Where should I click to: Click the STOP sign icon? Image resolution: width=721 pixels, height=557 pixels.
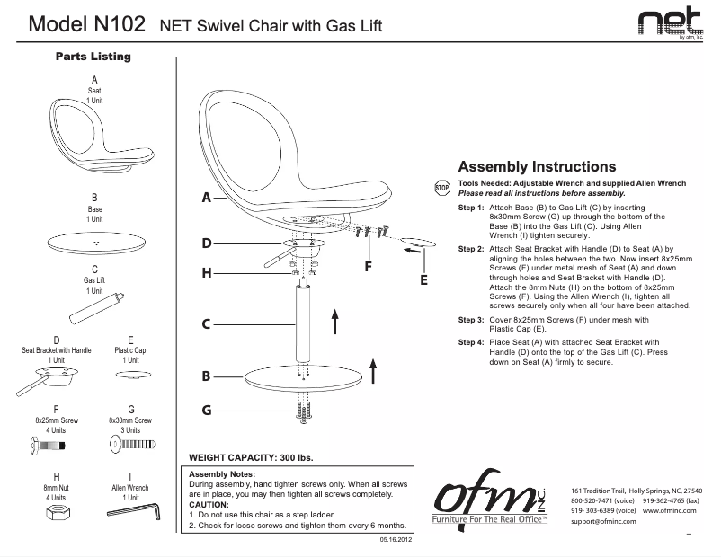[x=441, y=188]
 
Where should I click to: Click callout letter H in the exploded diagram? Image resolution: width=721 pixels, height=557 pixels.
[x=206, y=272]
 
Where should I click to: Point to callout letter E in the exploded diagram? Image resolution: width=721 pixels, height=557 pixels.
[x=423, y=280]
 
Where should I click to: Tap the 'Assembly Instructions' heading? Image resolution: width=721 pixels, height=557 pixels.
[x=537, y=166]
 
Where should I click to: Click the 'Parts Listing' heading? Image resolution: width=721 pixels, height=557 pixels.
[x=93, y=57]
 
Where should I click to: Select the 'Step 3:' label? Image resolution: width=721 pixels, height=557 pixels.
[x=471, y=320]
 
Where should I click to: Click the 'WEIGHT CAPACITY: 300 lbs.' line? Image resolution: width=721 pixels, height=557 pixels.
[x=247, y=457]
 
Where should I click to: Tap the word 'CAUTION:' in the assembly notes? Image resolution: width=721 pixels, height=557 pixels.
[x=209, y=504]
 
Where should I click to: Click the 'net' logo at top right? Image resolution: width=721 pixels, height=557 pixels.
[x=671, y=23]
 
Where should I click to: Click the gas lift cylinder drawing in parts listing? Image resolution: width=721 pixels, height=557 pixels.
[x=93, y=309]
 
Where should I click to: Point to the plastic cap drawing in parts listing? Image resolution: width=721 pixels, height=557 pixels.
[x=131, y=372]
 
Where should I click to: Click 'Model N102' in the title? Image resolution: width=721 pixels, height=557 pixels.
[x=87, y=25]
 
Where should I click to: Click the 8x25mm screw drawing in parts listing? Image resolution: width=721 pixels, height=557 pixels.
[x=56, y=443]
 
